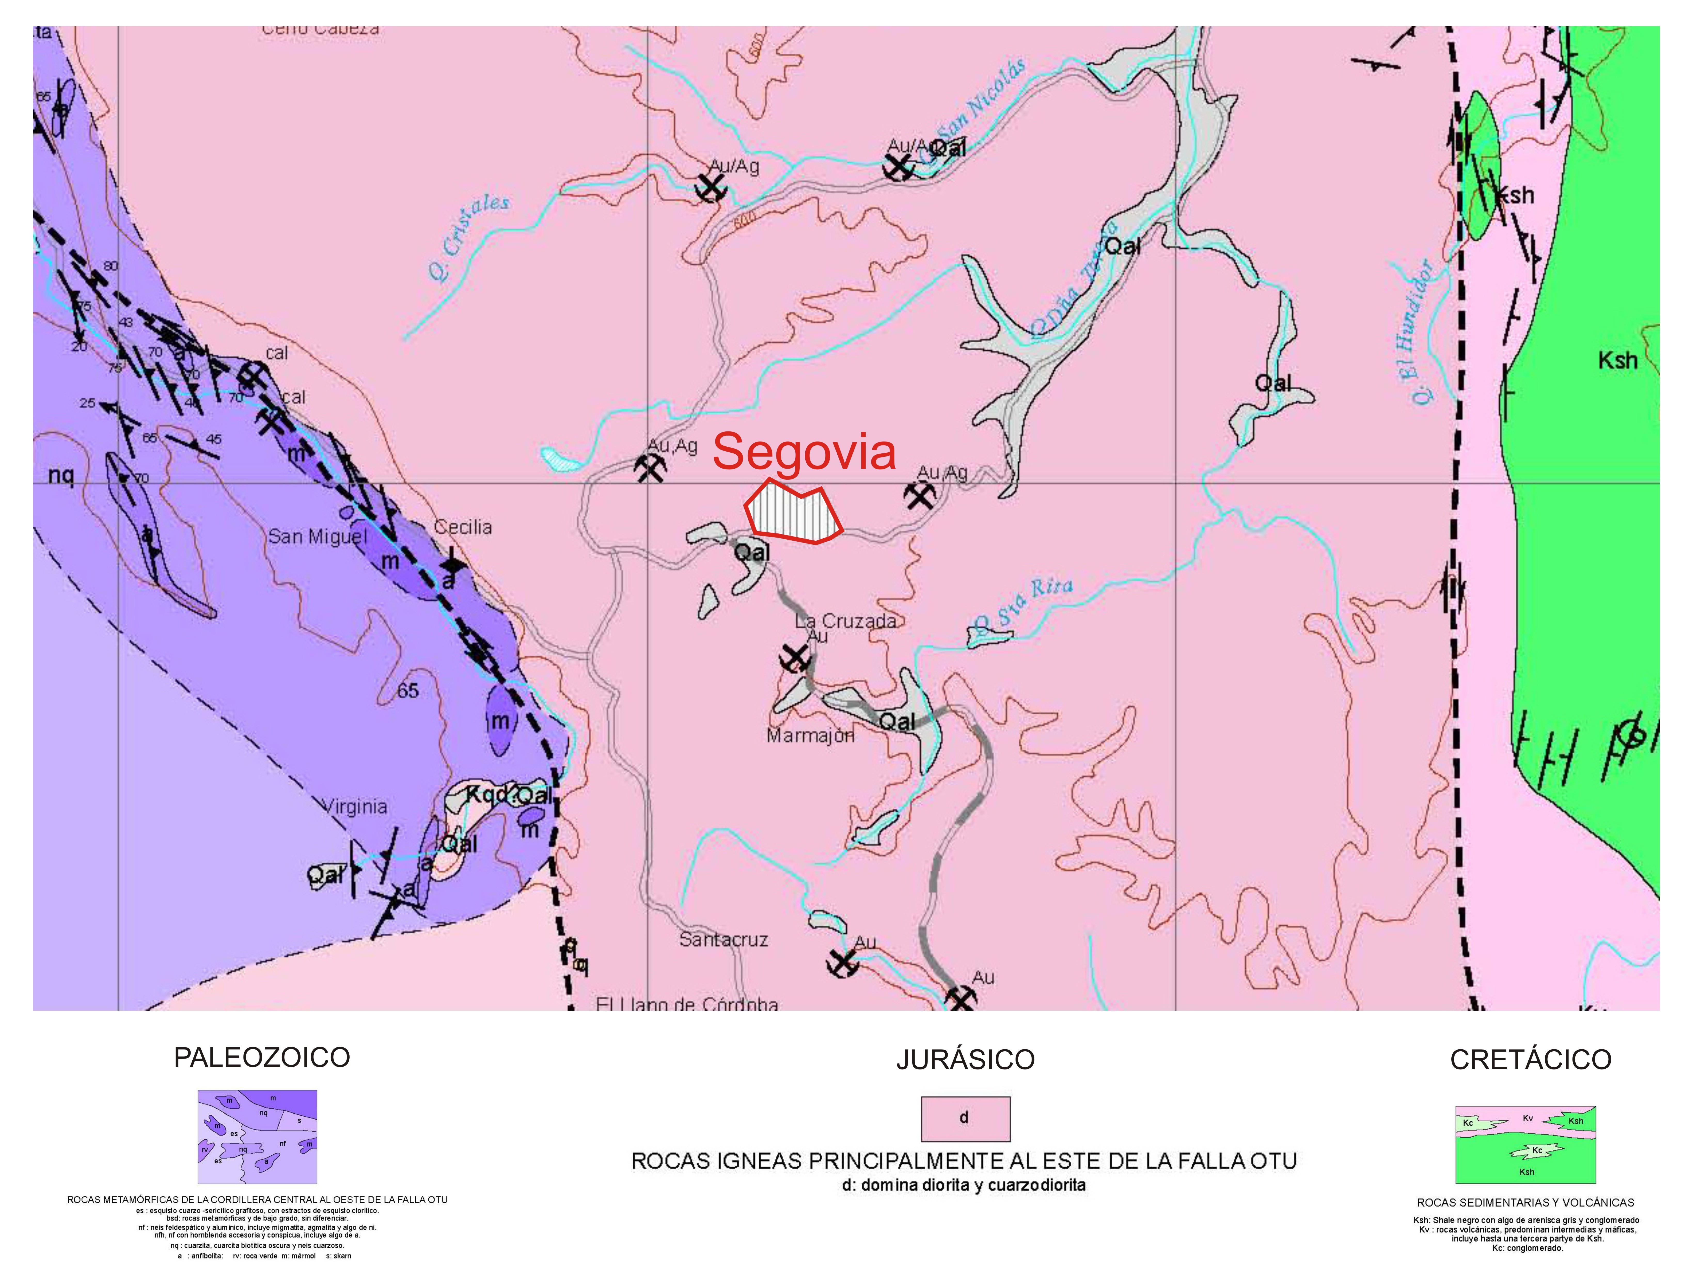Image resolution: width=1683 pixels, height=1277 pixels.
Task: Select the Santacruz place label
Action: [723, 939]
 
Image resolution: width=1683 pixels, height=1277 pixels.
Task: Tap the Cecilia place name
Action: [463, 527]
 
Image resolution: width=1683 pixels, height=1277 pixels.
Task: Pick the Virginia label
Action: [355, 806]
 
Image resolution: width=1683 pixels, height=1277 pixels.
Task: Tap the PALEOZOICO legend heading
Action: [262, 1057]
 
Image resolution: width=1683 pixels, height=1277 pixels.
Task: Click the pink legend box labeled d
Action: [965, 1118]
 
